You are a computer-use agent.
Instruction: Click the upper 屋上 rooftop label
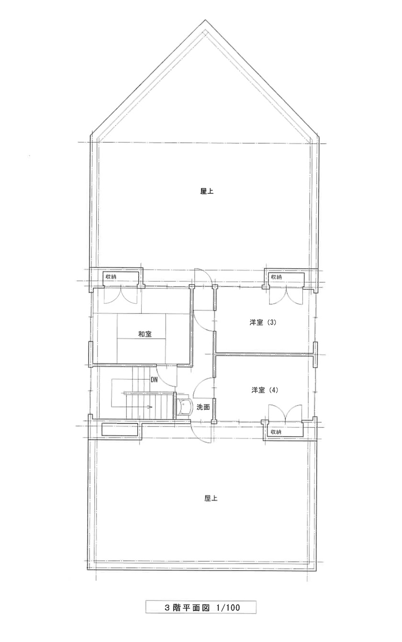(207, 192)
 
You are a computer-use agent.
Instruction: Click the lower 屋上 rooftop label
(211, 498)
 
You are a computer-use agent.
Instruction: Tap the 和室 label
(145, 334)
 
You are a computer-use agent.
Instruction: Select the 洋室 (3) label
(263, 322)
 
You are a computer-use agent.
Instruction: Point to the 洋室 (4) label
(265, 390)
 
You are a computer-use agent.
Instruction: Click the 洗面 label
(203, 407)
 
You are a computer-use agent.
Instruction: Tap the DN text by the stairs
(154, 380)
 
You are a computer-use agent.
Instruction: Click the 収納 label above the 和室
(111, 277)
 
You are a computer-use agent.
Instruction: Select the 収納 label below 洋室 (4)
(276, 432)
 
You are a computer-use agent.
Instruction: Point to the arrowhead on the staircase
(150, 407)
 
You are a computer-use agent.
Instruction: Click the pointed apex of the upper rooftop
(205, 20)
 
